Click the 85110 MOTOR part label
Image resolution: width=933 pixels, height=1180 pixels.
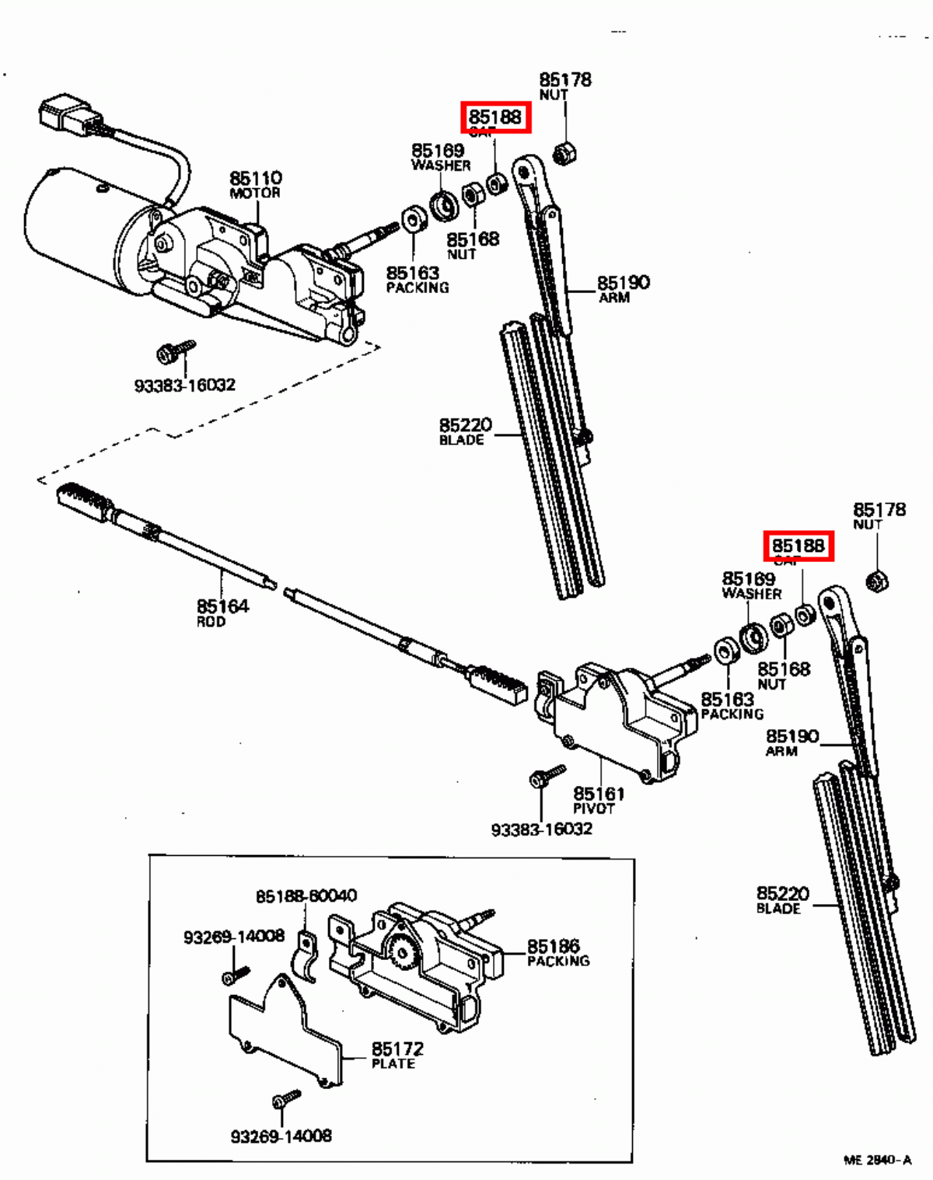point(255,184)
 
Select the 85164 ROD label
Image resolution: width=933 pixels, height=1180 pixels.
point(222,612)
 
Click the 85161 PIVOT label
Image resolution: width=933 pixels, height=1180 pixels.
point(598,799)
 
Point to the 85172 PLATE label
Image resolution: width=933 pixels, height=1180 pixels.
point(397,1055)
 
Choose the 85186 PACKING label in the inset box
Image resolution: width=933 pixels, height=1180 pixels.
point(557,952)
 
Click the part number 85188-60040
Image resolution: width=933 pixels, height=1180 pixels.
point(306,895)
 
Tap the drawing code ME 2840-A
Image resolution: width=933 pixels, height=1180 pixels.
point(877,1160)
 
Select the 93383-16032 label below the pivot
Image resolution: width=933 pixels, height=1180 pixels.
point(541,829)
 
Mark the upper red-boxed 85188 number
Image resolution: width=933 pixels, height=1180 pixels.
point(495,117)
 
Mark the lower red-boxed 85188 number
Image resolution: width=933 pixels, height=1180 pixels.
point(798,546)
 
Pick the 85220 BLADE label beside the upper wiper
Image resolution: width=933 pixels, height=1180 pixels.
point(465,431)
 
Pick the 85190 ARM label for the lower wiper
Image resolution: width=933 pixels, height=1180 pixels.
point(791,742)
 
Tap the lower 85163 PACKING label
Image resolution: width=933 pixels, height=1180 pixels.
point(731,705)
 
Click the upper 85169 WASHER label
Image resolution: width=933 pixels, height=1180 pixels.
point(439,156)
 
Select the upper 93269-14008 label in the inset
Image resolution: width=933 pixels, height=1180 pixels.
point(234,937)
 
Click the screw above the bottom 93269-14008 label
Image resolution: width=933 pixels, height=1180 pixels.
point(285,1100)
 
